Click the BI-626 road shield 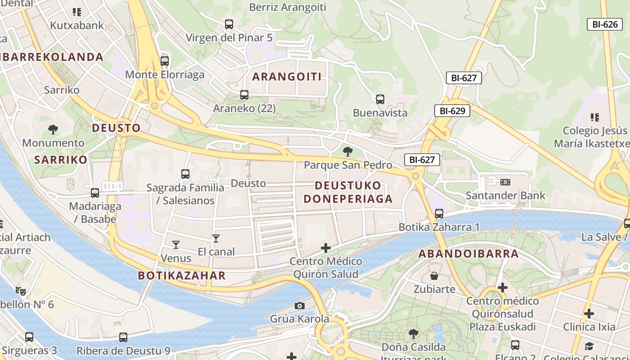605,24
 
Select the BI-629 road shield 452,111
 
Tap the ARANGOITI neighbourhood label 287,76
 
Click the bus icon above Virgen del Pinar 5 229,24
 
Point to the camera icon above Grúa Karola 299,306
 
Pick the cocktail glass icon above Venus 176,245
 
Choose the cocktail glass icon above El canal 216,238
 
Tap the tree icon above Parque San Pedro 347,152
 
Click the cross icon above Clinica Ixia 589,314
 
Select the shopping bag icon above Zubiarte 434,276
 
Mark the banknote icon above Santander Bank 505,182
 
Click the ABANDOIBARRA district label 468,254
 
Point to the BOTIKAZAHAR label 182,275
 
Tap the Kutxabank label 77,25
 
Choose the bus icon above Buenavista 380,99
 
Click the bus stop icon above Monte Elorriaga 165,61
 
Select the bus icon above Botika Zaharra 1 439,214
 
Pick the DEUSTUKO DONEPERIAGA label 348,192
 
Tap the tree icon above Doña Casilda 413,334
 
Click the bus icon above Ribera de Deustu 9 123,337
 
